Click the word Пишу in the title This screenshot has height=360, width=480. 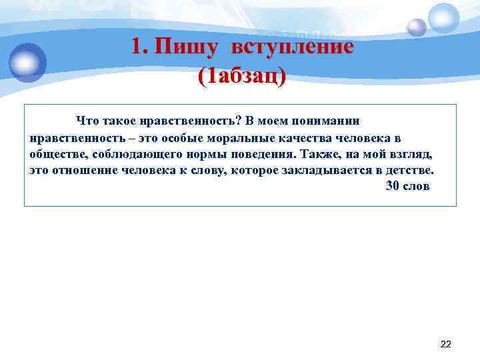[x=185, y=47]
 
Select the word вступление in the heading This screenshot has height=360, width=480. [x=292, y=47]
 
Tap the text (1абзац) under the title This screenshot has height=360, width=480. [x=241, y=75]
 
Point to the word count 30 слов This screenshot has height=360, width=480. [x=408, y=186]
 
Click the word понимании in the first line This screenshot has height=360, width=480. [x=328, y=121]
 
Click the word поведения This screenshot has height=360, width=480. [x=260, y=154]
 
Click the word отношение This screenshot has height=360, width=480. [x=84, y=170]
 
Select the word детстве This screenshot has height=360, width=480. [x=411, y=170]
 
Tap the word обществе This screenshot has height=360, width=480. [x=55, y=154]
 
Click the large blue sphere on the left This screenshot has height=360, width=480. [x=27, y=62]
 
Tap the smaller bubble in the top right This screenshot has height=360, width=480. [x=417, y=27]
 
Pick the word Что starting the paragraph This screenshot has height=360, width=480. [x=87, y=121]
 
